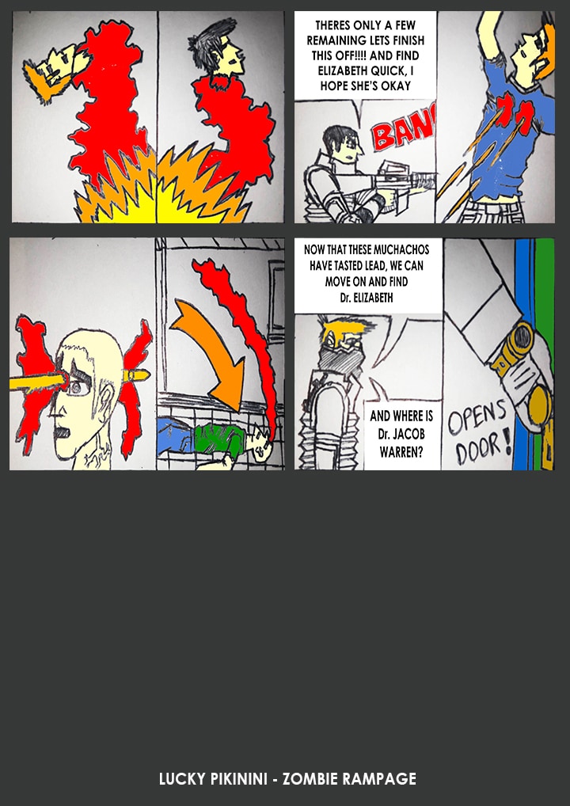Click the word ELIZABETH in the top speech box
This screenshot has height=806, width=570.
tap(341, 71)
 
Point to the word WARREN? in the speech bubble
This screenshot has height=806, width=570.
tap(401, 453)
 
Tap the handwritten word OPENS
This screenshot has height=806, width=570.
tap(477, 417)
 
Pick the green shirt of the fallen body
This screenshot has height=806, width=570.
tap(218, 439)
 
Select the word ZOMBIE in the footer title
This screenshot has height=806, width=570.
tap(310, 779)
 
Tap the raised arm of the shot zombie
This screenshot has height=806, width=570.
tap(491, 36)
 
